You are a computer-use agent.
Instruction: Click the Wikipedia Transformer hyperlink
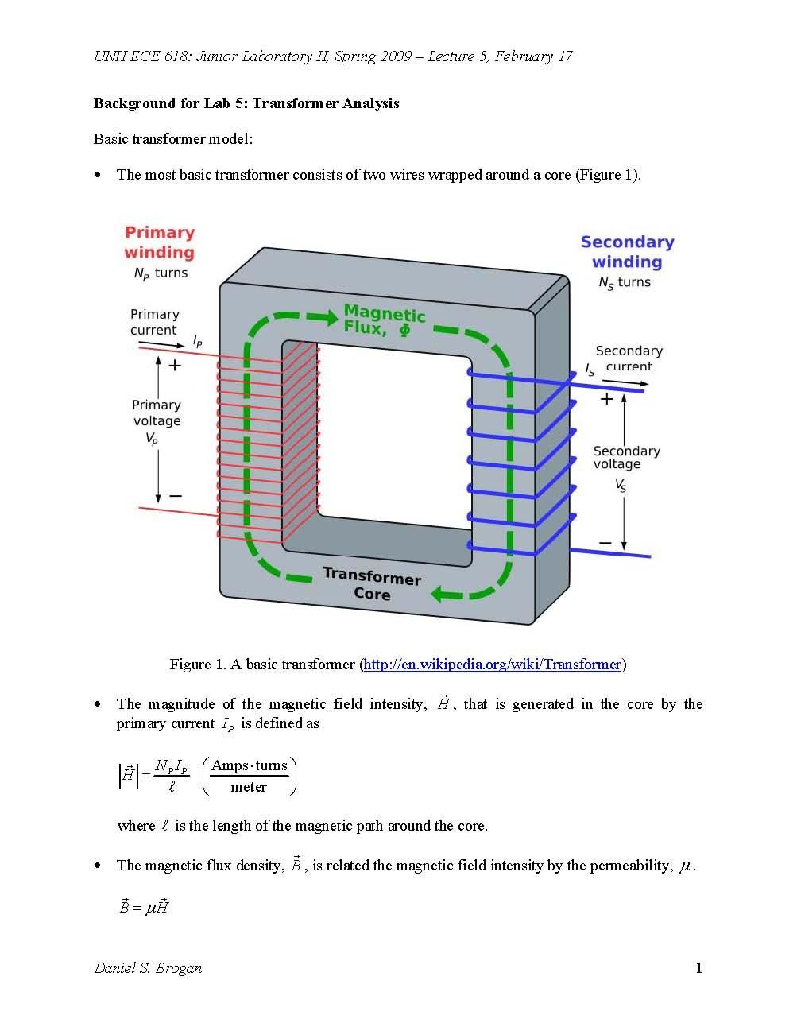coord(492,665)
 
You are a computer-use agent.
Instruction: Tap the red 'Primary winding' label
coord(160,242)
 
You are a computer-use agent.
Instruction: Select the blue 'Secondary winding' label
coord(627,251)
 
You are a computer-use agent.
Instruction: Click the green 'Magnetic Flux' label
coord(384,320)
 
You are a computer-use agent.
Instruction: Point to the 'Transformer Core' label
coord(372,584)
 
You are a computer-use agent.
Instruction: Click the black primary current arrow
coord(162,344)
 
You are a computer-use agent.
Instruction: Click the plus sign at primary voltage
coord(175,366)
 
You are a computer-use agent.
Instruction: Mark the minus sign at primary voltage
coord(176,496)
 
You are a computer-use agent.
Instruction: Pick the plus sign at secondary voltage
coord(606,399)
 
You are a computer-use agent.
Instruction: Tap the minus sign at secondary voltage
coord(605,543)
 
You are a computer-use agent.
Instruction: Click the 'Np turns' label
coord(161,273)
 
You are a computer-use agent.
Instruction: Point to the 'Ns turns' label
coord(624,283)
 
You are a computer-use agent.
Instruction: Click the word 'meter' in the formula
coord(249,786)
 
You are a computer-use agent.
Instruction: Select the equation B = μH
coord(144,905)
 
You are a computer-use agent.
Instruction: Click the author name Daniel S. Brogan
coord(149,968)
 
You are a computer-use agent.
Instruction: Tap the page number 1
coord(698,968)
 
